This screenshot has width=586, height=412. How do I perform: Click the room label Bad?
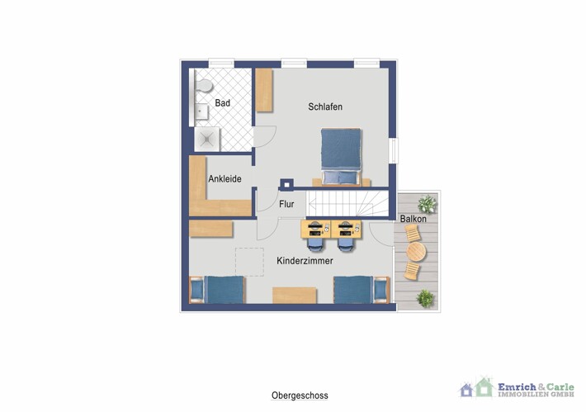pyautogui.click(x=222, y=103)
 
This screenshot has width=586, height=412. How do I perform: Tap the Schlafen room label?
pyautogui.click(x=325, y=107)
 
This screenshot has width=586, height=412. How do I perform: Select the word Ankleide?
pyautogui.click(x=224, y=178)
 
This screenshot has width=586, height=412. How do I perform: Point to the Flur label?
pyautogui.click(x=286, y=204)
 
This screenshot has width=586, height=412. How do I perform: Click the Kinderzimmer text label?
pyautogui.click(x=305, y=261)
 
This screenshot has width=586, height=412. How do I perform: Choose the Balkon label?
pyautogui.click(x=413, y=220)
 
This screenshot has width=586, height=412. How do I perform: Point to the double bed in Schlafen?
pyautogui.click(x=340, y=154)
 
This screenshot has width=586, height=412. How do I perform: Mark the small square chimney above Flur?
pyautogui.click(x=287, y=185)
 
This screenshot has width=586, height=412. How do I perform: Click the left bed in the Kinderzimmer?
pyautogui.click(x=218, y=290)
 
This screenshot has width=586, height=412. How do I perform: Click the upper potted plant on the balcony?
pyautogui.click(x=426, y=203)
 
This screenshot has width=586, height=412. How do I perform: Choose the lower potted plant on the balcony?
pyautogui.click(x=426, y=297)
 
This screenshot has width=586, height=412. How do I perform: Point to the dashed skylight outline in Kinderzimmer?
pyautogui.click(x=250, y=262)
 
